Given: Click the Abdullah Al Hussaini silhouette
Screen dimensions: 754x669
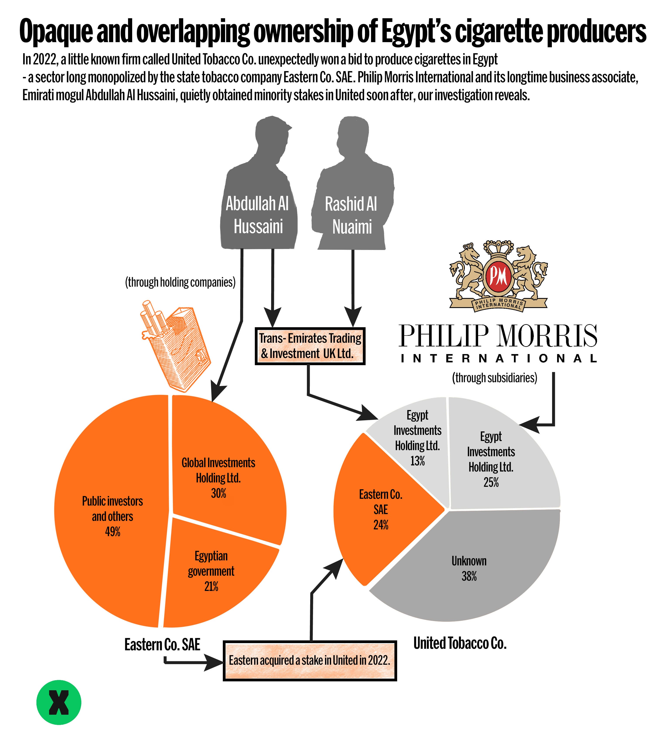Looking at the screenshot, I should [258, 184].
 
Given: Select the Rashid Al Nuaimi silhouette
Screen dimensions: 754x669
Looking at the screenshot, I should [352, 184].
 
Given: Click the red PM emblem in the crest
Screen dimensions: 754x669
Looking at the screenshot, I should [498, 276].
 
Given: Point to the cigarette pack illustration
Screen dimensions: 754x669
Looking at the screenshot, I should [175, 345].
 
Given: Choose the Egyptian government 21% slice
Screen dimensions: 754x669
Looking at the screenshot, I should [214, 572].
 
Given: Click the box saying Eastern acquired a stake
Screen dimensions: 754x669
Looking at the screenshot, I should [310, 660].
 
